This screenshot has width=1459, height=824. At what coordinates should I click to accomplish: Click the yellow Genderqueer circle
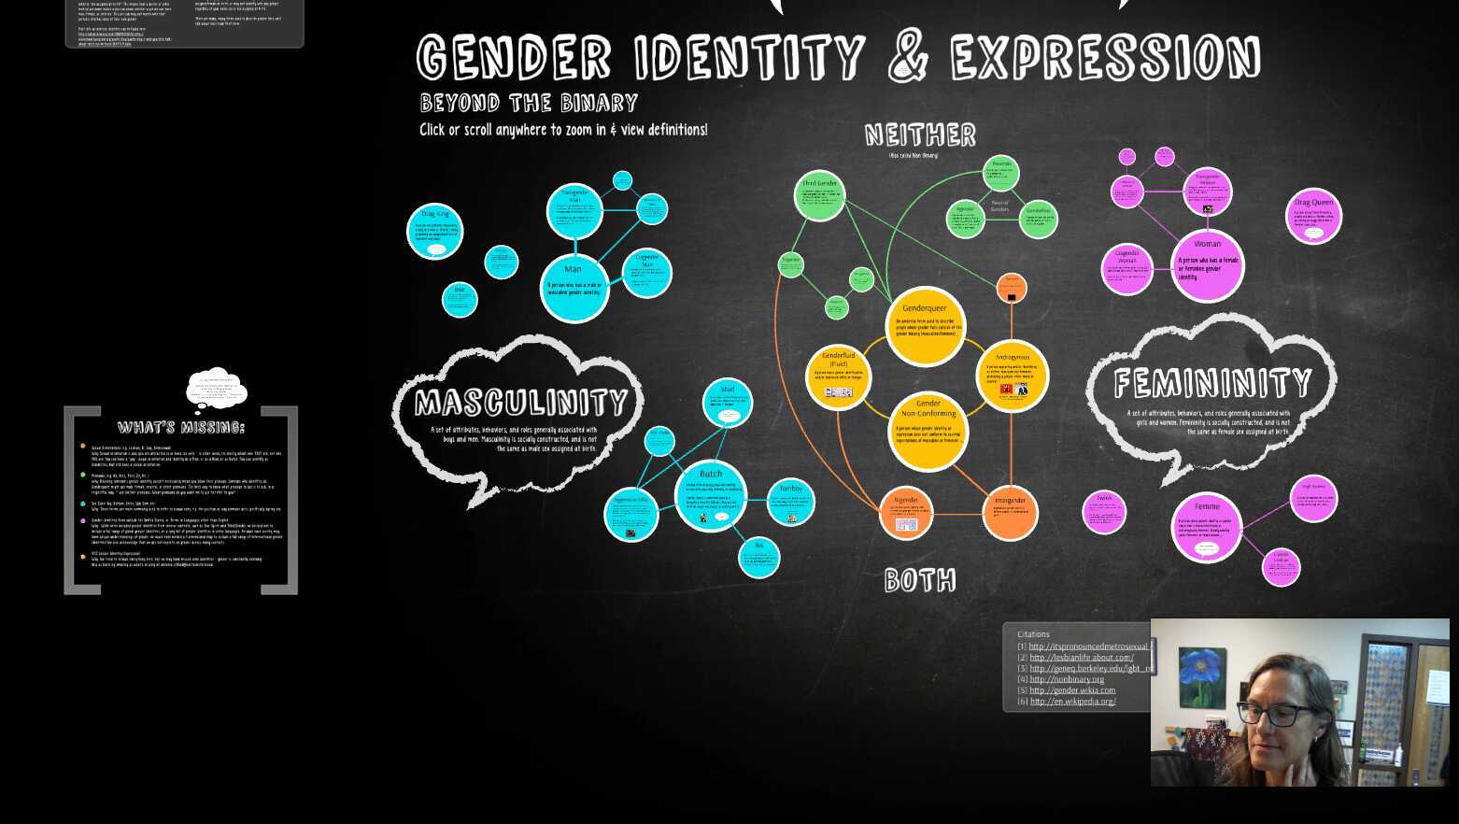[x=925, y=326]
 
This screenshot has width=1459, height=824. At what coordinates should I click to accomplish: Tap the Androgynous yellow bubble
[x=1012, y=376]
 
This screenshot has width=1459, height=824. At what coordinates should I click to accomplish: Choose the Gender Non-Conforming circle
[x=928, y=431]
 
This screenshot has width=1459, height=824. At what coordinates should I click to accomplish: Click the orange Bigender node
[x=906, y=513]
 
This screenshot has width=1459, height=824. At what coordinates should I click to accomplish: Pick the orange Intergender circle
[x=1010, y=512]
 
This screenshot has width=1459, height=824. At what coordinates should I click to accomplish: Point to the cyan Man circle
[x=574, y=285]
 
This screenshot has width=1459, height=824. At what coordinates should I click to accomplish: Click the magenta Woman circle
[x=1207, y=264]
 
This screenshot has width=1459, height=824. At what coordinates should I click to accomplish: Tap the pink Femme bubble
[x=1206, y=527]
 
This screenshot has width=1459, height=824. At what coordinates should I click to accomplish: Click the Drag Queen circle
[x=1313, y=216]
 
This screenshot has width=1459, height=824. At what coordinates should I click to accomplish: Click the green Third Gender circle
[x=819, y=196]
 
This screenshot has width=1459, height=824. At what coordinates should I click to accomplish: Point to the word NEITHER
[x=920, y=135]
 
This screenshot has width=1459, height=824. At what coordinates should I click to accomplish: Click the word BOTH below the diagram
[x=920, y=581]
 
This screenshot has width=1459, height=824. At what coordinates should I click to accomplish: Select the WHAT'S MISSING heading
[x=181, y=428]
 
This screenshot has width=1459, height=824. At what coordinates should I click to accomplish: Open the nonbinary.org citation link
[x=1066, y=679]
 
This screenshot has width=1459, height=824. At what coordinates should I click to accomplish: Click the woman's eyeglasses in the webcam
[x=1275, y=716]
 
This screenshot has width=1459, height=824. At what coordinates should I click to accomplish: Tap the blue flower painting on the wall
[x=1202, y=677]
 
